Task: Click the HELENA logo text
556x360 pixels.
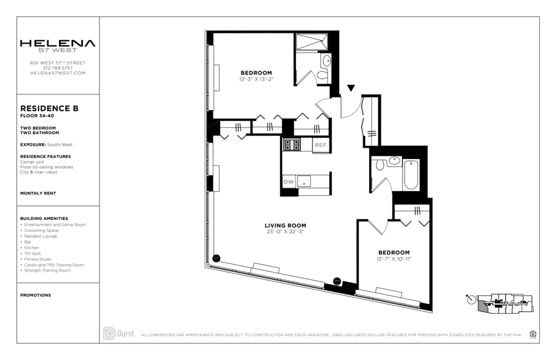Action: [58, 43]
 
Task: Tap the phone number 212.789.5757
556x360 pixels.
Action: [58, 68]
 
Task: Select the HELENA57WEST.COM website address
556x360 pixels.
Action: [58, 73]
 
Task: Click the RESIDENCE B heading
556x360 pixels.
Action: [49, 109]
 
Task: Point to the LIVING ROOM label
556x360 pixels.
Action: [285, 225]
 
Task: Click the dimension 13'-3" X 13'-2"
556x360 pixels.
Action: [256, 79]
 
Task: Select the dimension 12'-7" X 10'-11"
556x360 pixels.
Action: [394, 259]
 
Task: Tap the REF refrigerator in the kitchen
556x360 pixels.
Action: [321, 145]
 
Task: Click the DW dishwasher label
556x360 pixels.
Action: [289, 182]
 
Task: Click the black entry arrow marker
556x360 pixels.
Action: [351, 87]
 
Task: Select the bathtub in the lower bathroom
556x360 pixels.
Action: [411, 174]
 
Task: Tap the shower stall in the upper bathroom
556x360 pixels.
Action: [312, 42]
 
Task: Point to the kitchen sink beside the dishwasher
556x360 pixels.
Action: [304, 181]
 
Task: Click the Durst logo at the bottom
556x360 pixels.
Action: [118, 334]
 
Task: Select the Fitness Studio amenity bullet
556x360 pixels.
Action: [38, 259]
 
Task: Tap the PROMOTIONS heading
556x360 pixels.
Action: [36, 295]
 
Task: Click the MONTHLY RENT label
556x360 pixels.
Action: [38, 193]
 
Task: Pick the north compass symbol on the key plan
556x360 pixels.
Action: [472, 300]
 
